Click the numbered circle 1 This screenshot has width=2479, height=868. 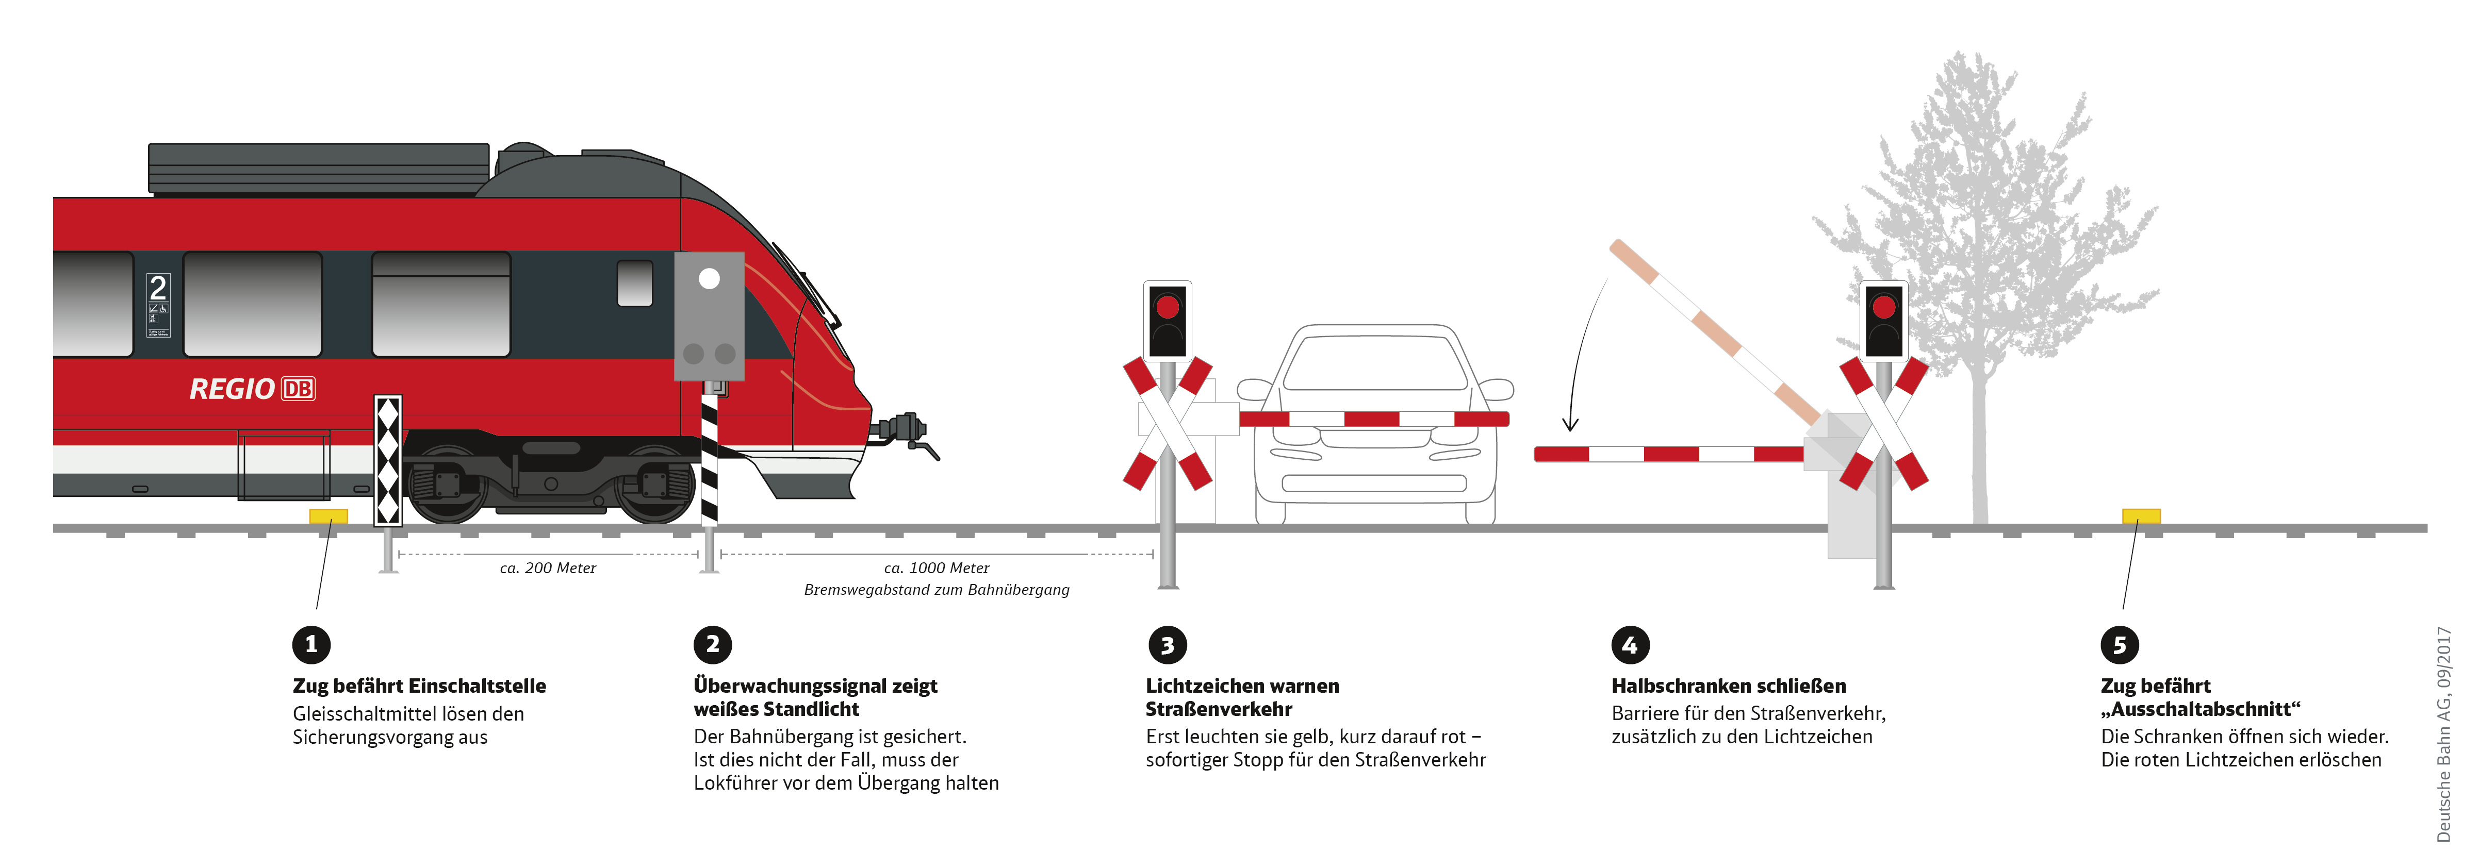click(311, 645)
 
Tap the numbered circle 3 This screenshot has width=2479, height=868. click(1168, 645)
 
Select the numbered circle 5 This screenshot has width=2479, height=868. click(2119, 645)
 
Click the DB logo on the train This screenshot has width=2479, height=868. click(298, 389)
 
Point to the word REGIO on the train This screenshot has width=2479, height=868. click(232, 389)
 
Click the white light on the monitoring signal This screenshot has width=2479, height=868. click(709, 279)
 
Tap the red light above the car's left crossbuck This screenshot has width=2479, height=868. click(1168, 307)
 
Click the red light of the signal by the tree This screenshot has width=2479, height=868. click(1883, 307)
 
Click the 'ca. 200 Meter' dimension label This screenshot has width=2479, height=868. click(548, 569)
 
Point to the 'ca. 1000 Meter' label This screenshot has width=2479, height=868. click(937, 569)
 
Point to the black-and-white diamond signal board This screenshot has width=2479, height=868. click(388, 460)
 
